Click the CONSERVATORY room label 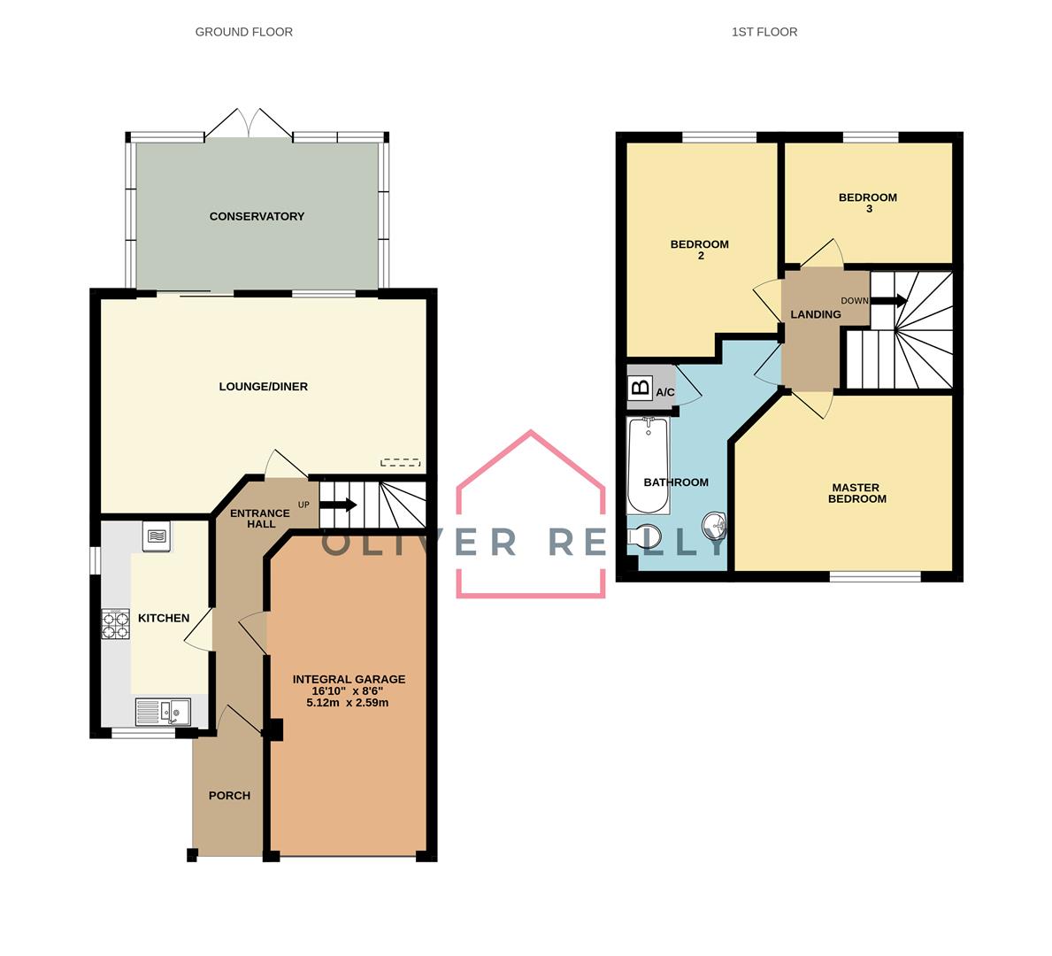click(257, 216)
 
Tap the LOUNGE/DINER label click(263, 387)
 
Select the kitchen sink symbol click(163, 712)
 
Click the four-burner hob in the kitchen click(115, 624)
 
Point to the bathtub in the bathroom click(649, 466)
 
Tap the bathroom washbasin click(715, 526)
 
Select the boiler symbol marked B click(641, 388)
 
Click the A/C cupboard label click(664, 392)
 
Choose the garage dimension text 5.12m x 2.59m click(348, 703)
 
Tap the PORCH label click(229, 796)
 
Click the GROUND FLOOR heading click(243, 32)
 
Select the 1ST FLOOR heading click(764, 32)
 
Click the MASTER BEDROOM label click(856, 493)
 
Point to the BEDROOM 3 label click(868, 203)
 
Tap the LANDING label click(815, 314)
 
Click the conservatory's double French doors click(249, 124)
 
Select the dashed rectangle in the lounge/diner click(401, 463)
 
